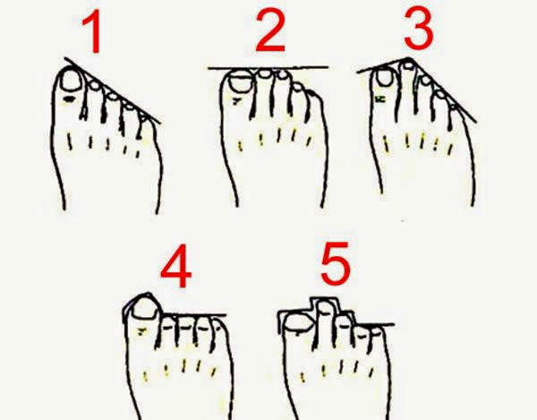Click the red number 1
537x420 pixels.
tap(93, 31)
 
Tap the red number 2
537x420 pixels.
tap(270, 30)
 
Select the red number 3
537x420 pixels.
tap(419, 28)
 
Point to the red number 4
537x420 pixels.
tap(176, 266)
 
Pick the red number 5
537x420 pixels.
tap(336, 263)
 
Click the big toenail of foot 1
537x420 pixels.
tap(71, 81)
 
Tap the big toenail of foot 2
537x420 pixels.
tap(241, 81)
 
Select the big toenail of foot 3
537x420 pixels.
tap(385, 77)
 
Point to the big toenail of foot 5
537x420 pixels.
tap(299, 322)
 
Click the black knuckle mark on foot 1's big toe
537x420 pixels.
tap(69, 99)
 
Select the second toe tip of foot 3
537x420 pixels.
tap(408, 64)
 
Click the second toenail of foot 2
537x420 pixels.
tap(264, 73)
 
